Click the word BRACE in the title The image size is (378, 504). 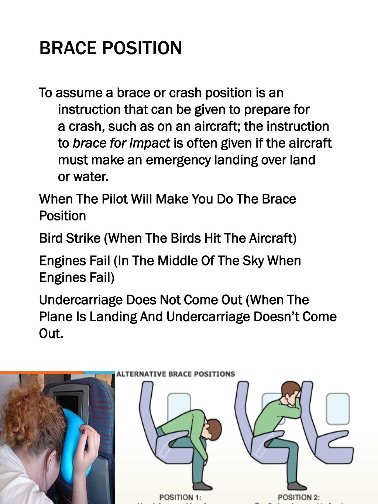(x=68, y=48)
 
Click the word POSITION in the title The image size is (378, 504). (x=142, y=48)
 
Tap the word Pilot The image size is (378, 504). (x=114, y=199)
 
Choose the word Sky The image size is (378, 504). (x=253, y=261)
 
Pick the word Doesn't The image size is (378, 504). (x=276, y=317)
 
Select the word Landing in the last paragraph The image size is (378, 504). (x=113, y=317)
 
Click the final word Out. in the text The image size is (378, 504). (x=51, y=333)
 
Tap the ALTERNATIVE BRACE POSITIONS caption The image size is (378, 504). (x=176, y=374)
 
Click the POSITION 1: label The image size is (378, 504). (x=180, y=497)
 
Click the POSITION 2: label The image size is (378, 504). (x=299, y=497)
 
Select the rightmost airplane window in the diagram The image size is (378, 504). (x=337, y=409)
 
